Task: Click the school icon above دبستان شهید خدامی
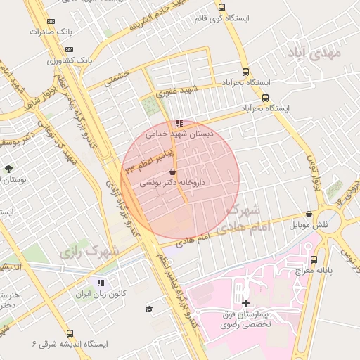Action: (179, 123)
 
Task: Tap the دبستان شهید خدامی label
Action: (179, 133)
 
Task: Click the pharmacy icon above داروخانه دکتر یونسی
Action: (172, 172)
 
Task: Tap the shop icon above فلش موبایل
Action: (309, 215)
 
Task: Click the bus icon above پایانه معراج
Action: (337, 259)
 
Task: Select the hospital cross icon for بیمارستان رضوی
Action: (245, 304)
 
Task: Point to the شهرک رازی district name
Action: (89, 250)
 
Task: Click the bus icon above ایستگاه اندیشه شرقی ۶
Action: (69, 333)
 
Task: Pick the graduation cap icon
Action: (148, 309)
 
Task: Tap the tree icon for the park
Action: (8, 169)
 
